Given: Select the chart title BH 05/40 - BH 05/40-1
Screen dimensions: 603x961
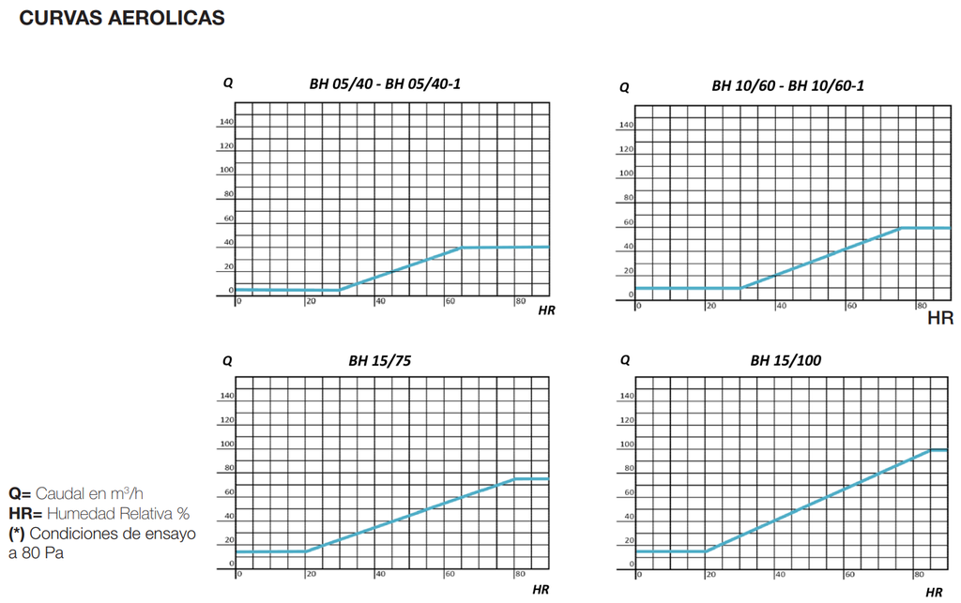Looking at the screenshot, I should [385, 83].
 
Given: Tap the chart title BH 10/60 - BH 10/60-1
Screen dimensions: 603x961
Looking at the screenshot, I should [787, 86].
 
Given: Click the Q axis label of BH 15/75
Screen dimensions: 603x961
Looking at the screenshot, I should [228, 360].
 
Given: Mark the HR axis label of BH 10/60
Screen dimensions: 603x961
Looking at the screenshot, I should [939, 319].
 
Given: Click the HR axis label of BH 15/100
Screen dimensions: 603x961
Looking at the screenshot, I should [934, 592].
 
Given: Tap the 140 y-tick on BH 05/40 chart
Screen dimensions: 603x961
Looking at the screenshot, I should [227, 122].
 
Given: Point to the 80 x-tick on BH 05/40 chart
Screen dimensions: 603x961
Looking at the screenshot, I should [519, 301].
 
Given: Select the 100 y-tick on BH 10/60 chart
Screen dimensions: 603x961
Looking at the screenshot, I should [627, 173].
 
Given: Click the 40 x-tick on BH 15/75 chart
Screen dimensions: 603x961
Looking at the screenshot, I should [380, 574].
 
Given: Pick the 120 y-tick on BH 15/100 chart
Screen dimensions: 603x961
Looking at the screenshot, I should [627, 420].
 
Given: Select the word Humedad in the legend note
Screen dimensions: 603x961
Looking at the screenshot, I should [81, 514].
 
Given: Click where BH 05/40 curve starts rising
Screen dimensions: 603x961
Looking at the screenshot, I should [339, 290].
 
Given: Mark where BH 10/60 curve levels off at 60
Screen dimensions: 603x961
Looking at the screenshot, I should [900, 228].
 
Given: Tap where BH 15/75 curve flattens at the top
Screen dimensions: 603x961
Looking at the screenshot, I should [514, 479].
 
